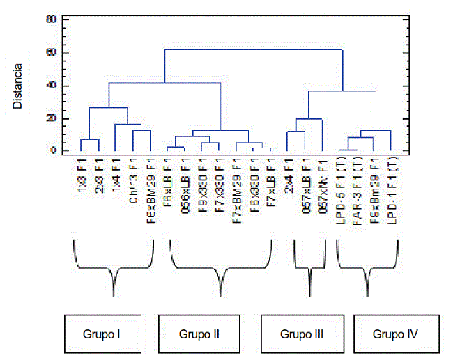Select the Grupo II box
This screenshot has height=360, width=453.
199,334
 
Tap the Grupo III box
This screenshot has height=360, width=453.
302,334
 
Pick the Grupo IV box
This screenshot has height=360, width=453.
395,334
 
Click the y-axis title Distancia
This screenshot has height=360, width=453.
18,87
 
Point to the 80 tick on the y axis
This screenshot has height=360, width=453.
50,19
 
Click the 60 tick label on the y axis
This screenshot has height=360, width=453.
50,53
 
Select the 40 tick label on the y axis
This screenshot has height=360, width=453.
50,86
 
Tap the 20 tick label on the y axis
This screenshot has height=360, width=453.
50,119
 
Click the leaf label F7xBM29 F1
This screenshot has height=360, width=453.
236,187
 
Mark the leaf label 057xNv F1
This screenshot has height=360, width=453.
322,182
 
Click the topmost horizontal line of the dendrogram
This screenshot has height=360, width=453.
254,49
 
